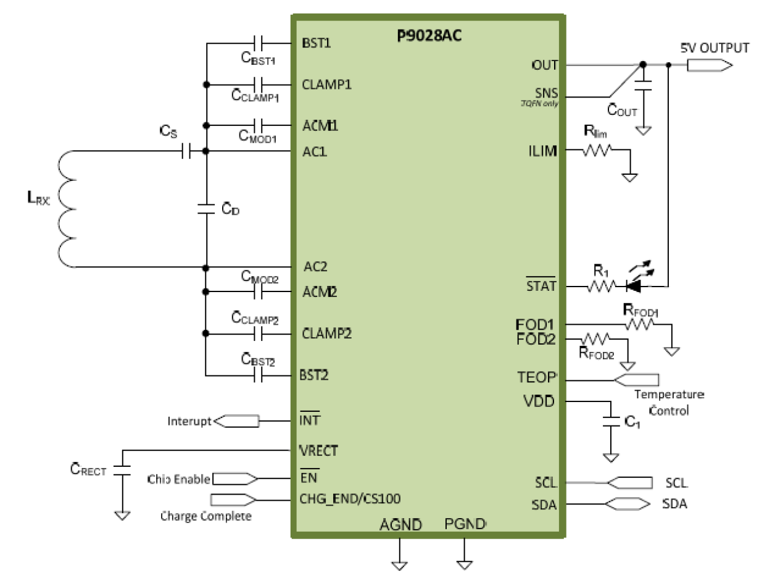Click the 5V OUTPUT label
pos(715,48)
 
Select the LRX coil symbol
pos(66,209)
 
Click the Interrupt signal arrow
pos(236,421)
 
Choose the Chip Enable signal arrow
pos(234,479)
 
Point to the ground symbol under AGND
pos(399,564)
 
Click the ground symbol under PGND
pos(464,564)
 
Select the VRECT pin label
pos(318,451)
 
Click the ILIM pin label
pos(544,151)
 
